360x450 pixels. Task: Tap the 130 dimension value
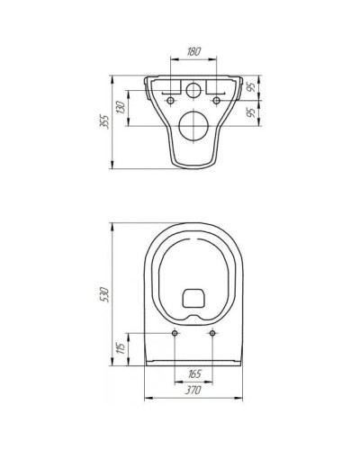pos(132,110)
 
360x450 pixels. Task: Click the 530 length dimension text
pos(105,293)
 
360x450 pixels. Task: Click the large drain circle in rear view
pos(193,126)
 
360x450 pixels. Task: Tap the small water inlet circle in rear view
pos(193,90)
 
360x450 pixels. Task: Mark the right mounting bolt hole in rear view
pos(220,102)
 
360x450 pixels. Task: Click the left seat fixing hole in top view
pos(174,333)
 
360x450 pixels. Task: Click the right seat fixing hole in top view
pos(212,333)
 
